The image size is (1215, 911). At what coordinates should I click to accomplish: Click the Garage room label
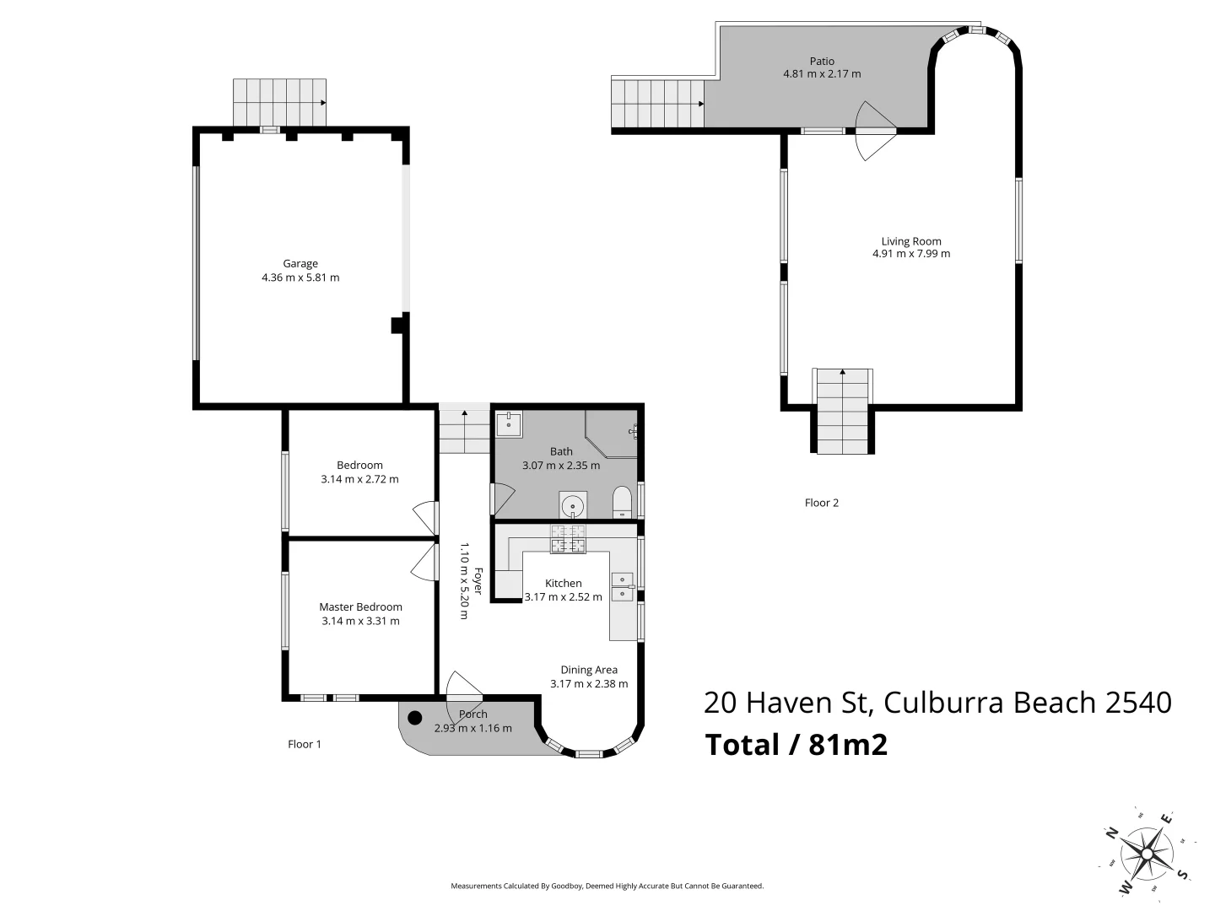point(300,263)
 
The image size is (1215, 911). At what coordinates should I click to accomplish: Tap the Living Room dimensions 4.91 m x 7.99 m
point(911,254)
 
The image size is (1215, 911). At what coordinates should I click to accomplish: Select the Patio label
point(822,61)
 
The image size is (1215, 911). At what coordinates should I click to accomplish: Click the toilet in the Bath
point(621,502)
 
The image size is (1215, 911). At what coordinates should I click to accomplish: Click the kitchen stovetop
point(568,539)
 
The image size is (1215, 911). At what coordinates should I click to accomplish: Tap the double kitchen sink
point(622,587)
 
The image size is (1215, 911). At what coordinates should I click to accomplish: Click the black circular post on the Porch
point(414,718)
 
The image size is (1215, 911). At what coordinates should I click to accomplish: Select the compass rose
point(1147,853)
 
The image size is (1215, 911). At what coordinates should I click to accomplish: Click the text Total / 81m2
point(796,745)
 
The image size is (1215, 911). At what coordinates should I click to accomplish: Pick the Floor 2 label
point(821,503)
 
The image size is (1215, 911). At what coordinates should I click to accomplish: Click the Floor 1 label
point(304,744)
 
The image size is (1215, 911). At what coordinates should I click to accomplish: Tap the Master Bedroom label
point(360,606)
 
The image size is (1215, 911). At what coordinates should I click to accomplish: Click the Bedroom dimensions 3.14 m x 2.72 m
point(359,479)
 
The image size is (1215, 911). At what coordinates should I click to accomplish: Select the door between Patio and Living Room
point(873,131)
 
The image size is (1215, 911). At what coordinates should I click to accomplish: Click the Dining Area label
point(589,670)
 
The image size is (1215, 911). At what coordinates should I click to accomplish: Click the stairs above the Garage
point(279,102)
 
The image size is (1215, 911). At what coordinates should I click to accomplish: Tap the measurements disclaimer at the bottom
point(607,886)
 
